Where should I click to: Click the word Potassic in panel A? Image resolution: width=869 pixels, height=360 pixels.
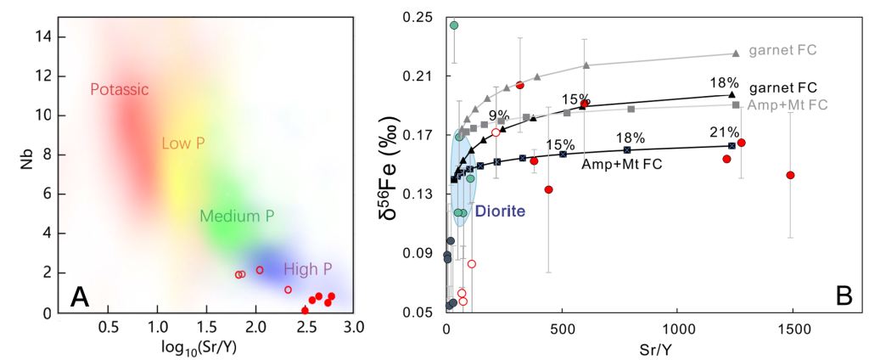click(120, 90)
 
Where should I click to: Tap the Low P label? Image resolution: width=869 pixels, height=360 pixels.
click(184, 143)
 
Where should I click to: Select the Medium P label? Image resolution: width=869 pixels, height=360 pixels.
click(237, 217)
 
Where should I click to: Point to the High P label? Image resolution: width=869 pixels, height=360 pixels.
click(308, 269)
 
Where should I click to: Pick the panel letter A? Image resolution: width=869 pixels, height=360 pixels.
click(80, 296)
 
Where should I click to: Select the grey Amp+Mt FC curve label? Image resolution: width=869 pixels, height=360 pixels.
click(788, 104)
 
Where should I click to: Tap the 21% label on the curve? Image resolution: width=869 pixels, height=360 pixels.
click(728, 132)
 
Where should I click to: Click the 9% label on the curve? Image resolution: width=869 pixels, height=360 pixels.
click(498, 115)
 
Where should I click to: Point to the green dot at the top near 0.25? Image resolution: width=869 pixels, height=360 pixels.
click(454, 25)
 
